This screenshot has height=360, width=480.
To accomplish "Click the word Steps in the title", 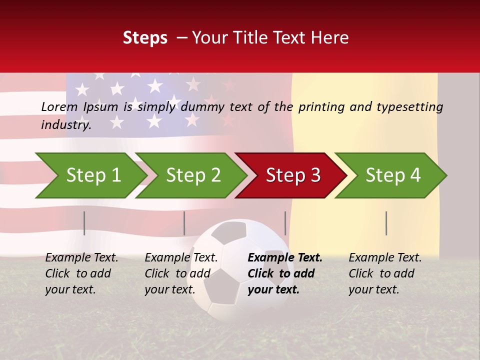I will point(145,38).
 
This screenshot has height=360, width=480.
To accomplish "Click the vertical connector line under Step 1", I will point(84,223).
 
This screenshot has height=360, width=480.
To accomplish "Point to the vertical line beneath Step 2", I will point(184,223).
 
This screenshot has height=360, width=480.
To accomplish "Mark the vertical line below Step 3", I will point(285,223).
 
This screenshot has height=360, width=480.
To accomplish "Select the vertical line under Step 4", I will point(386,223).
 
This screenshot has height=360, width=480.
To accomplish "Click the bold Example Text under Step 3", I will point(285,273).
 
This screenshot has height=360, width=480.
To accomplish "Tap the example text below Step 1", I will point(81,273).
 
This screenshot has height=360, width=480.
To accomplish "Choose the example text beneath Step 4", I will point(385,273).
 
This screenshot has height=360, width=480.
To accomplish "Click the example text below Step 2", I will point(181,273).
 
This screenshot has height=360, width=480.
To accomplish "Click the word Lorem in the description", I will point(59,106).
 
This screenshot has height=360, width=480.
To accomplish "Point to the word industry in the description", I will point(65,125).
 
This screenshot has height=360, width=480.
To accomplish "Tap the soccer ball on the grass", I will point(245,270).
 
